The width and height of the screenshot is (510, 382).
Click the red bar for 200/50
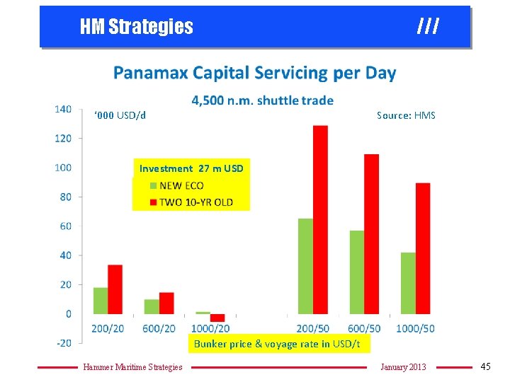(x=320, y=219)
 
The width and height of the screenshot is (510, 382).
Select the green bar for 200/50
(x=305, y=266)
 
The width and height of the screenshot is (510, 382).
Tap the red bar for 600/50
(x=371, y=233)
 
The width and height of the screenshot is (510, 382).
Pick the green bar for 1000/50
(x=408, y=283)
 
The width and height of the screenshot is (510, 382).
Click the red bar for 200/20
(x=115, y=289)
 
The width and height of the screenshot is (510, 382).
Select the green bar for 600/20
(x=152, y=306)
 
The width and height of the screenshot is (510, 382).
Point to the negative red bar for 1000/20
(x=217, y=318)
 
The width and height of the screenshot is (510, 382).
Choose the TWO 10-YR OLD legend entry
(x=191, y=203)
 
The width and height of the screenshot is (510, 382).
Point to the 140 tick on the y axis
(x=63, y=109)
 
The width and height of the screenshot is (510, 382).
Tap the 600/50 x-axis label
(x=364, y=328)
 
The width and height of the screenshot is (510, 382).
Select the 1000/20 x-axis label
(x=210, y=328)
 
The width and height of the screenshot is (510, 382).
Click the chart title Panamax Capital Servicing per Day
(x=255, y=73)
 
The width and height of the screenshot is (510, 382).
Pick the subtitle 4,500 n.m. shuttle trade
(x=262, y=100)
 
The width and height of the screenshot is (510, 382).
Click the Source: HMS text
(x=406, y=115)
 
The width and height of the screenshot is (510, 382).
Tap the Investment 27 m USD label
(x=191, y=168)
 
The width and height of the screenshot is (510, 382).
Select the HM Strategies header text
(x=136, y=27)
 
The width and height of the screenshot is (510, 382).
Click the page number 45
(x=485, y=366)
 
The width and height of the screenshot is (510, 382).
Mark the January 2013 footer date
(x=403, y=366)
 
